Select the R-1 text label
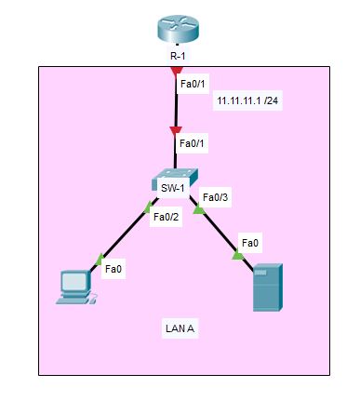click(x=178, y=56)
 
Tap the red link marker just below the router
click(x=177, y=70)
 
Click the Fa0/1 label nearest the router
click(x=192, y=84)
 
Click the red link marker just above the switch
click(x=177, y=131)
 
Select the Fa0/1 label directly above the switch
click(x=192, y=143)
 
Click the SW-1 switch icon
click(x=177, y=177)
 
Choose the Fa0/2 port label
click(x=166, y=217)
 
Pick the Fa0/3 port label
click(x=215, y=197)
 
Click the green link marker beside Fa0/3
click(x=198, y=209)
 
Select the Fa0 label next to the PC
click(x=113, y=269)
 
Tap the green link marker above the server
click(x=238, y=255)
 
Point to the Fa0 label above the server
click(x=249, y=243)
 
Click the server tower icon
click(x=267, y=287)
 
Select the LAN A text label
click(x=179, y=328)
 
